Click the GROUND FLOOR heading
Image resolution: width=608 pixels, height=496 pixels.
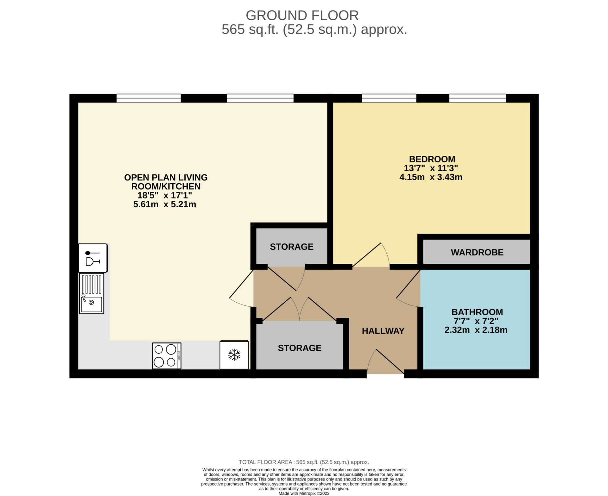[x=302, y=15]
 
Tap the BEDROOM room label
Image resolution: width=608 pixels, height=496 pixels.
[x=432, y=159]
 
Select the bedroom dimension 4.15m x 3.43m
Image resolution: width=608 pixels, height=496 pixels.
[x=431, y=177]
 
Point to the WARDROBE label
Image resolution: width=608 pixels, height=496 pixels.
[x=477, y=252]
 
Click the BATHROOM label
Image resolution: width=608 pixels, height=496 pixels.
[x=477, y=312]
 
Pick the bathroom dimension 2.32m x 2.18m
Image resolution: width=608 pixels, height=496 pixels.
[x=476, y=330]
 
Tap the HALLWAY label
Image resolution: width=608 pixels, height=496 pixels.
[x=383, y=331]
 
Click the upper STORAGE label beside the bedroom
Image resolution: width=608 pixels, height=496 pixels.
[x=292, y=247]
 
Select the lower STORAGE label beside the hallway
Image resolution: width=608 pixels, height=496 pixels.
[x=300, y=348]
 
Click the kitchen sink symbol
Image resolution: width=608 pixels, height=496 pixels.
[x=92, y=293]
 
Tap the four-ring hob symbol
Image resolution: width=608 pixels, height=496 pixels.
[x=167, y=356]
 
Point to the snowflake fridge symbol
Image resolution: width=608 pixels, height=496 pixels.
[x=234, y=355]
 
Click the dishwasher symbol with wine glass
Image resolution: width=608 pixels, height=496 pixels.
[x=93, y=258]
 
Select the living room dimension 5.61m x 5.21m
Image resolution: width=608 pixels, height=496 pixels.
[x=165, y=204]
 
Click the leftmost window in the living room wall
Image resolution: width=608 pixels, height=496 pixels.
[x=149, y=98]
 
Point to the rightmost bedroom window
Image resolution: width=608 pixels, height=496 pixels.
[x=478, y=98]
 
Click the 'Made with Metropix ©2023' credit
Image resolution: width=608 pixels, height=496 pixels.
[x=304, y=493]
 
